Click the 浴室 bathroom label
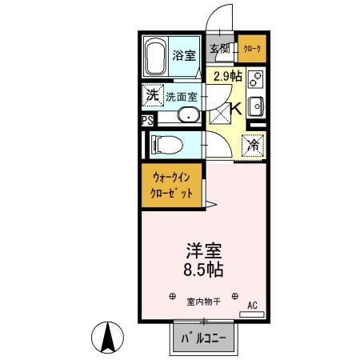tap(183, 55)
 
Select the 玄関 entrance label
tap(219, 49)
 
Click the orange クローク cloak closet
tap(252, 48)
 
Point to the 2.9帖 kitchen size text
tap(228, 78)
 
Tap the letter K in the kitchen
tap(238, 109)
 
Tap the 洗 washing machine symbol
tap(152, 96)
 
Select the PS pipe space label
tap(146, 121)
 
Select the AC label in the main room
tap(251, 305)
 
